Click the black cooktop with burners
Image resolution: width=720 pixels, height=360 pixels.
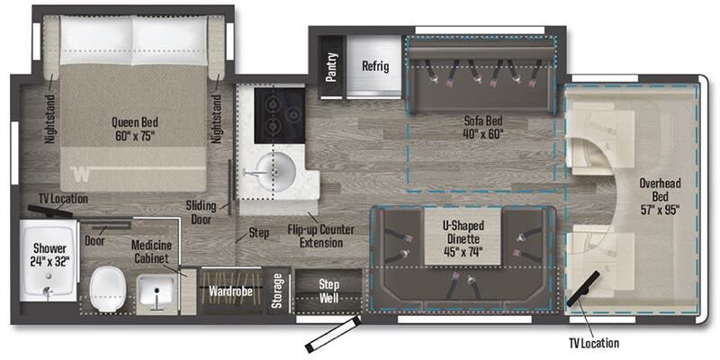point(279,115)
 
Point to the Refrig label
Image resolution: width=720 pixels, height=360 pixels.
point(374,66)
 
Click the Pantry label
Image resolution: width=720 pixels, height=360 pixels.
point(330,67)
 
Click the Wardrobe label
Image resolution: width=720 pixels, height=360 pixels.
point(230,292)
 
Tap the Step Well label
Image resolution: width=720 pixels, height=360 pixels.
point(329,290)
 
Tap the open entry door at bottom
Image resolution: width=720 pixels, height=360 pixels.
point(331,334)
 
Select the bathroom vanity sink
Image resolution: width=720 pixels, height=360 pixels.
point(157,292)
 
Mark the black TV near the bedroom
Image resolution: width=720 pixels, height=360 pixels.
point(49,211)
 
